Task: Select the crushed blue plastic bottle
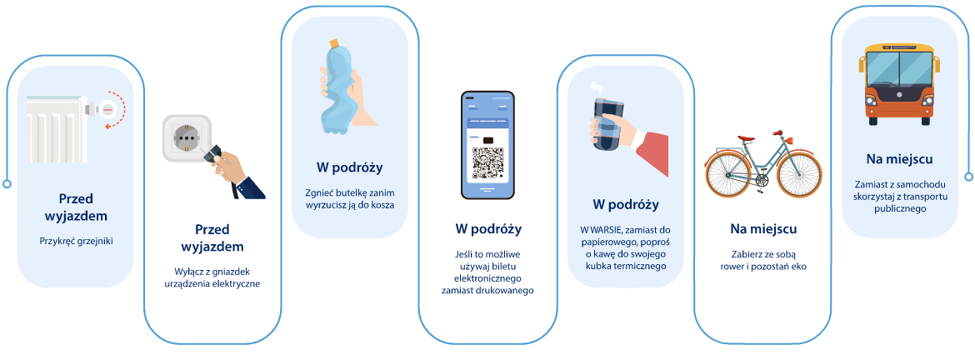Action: point(337,87)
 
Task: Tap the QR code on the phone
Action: point(487,163)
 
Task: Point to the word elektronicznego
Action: point(487,277)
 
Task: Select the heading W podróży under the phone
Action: point(487,227)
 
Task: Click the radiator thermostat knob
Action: point(107,108)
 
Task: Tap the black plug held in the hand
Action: point(215,152)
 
